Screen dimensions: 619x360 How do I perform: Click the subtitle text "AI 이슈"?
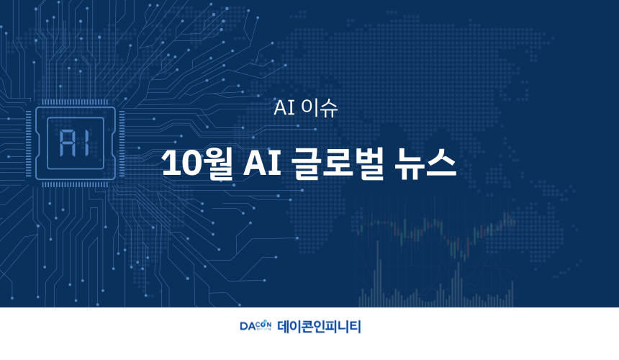tap(306, 107)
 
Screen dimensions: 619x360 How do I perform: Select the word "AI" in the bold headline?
tap(262, 162)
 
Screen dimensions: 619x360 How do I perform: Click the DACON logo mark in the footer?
tap(256, 325)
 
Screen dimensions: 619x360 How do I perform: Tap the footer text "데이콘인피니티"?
tap(319, 326)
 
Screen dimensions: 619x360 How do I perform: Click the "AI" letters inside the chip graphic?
tap(74, 143)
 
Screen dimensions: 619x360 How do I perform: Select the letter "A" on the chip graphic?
tap(66, 143)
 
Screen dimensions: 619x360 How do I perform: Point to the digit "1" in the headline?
tap(169, 162)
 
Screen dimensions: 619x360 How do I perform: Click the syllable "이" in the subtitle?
tap(309, 107)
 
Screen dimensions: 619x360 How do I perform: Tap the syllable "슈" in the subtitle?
tap(329, 108)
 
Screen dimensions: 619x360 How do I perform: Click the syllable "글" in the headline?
tap(306, 163)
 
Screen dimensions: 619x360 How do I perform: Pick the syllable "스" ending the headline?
tap(441, 163)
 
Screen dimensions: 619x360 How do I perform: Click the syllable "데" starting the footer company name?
tap(284, 326)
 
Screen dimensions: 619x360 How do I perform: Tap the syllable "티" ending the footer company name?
tap(355, 326)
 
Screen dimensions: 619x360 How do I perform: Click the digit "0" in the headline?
tap(189, 162)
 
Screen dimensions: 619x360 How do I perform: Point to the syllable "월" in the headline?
tap(217, 164)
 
